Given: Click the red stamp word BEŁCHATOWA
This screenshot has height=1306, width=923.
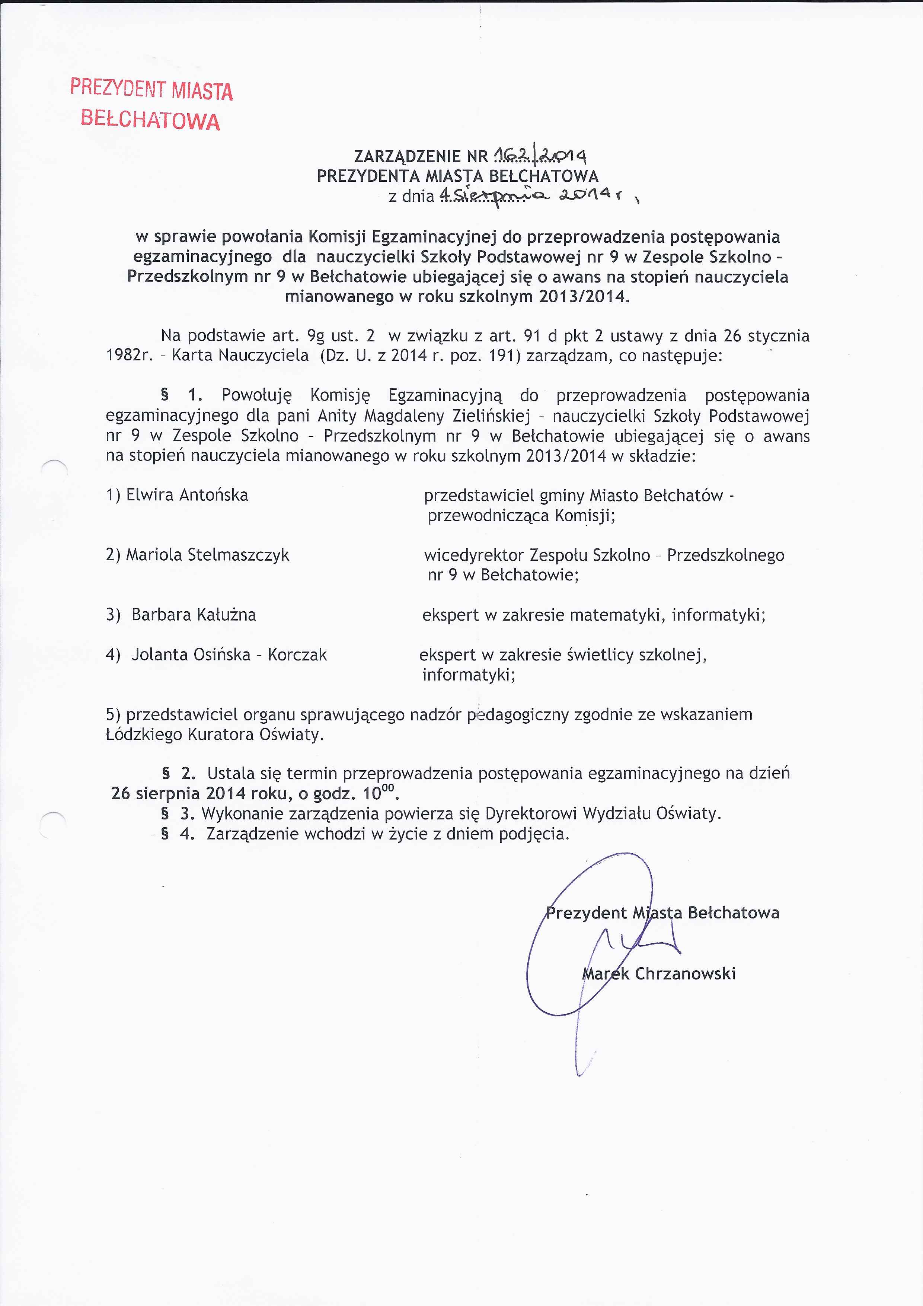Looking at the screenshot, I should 150,120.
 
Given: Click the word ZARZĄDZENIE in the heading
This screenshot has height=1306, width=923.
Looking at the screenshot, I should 407,156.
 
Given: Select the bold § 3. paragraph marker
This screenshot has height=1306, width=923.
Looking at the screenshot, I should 178,813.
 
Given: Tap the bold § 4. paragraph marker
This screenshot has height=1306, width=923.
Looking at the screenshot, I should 178,834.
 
